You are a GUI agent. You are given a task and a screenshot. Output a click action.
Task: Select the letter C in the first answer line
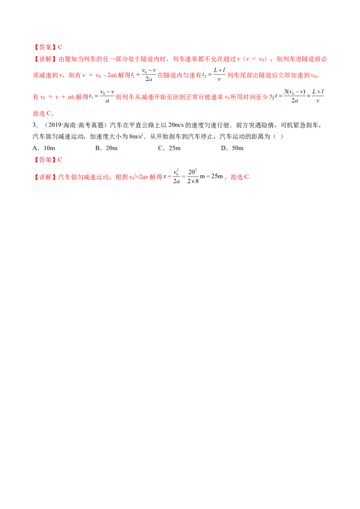pos(60,47)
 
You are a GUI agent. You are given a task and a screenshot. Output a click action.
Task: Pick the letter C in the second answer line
pos(60,159)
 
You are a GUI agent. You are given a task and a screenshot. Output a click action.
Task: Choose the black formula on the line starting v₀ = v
pos(103,96)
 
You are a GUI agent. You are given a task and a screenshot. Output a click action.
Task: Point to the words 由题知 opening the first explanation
pos(66,59)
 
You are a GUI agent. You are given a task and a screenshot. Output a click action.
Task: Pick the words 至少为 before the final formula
pos(267,96)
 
